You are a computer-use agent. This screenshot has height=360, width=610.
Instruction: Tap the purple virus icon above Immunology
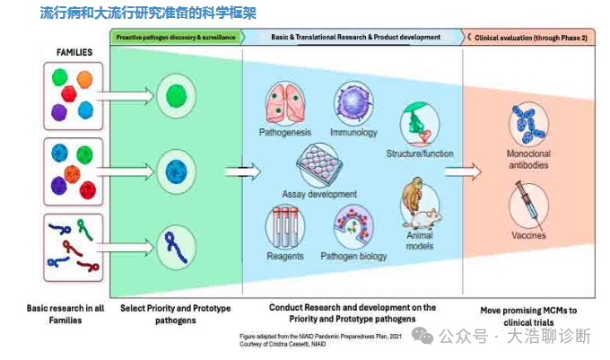(353, 105)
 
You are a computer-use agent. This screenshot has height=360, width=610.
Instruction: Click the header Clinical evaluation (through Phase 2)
(528, 38)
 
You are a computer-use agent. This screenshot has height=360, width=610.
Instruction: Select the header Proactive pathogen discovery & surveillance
(176, 38)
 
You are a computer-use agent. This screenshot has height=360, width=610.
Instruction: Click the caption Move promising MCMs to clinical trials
(527, 314)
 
